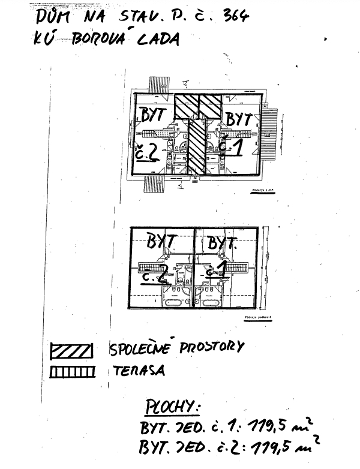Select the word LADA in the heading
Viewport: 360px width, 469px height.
(159, 38)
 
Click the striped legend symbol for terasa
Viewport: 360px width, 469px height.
(71, 372)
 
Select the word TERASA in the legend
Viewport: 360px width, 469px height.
(138, 370)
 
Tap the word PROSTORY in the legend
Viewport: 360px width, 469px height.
(203, 347)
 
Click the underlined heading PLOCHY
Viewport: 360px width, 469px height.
(172, 408)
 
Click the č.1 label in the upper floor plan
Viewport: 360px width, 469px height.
(229, 146)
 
